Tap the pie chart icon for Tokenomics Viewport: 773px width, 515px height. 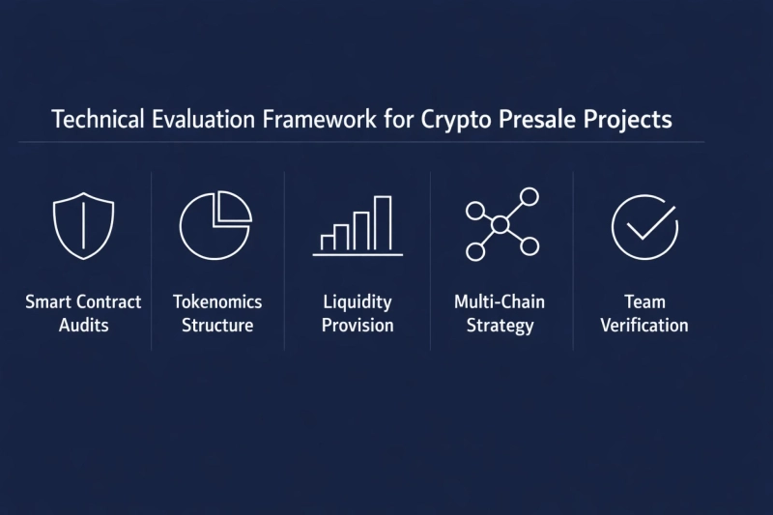(x=215, y=225)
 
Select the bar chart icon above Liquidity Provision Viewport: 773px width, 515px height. (x=358, y=226)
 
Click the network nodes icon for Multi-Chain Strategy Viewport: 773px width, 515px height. (x=501, y=225)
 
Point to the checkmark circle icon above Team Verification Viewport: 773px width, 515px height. (x=644, y=225)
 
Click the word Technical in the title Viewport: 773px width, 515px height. (x=94, y=121)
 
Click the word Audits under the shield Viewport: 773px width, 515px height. (x=83, y=325)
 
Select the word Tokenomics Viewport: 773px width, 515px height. (x=217, y=301)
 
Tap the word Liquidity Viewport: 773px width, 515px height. (x=358, y=301)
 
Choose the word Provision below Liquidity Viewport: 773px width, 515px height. (x=358, y=325)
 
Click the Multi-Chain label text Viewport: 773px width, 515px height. (x=500, y=301)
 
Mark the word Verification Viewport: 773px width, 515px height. (x=644, y=325)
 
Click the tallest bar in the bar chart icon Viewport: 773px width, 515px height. (x=383, y=222)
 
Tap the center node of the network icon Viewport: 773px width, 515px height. (x=500, y=225)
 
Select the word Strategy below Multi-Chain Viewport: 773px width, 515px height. (x=500, y=325)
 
